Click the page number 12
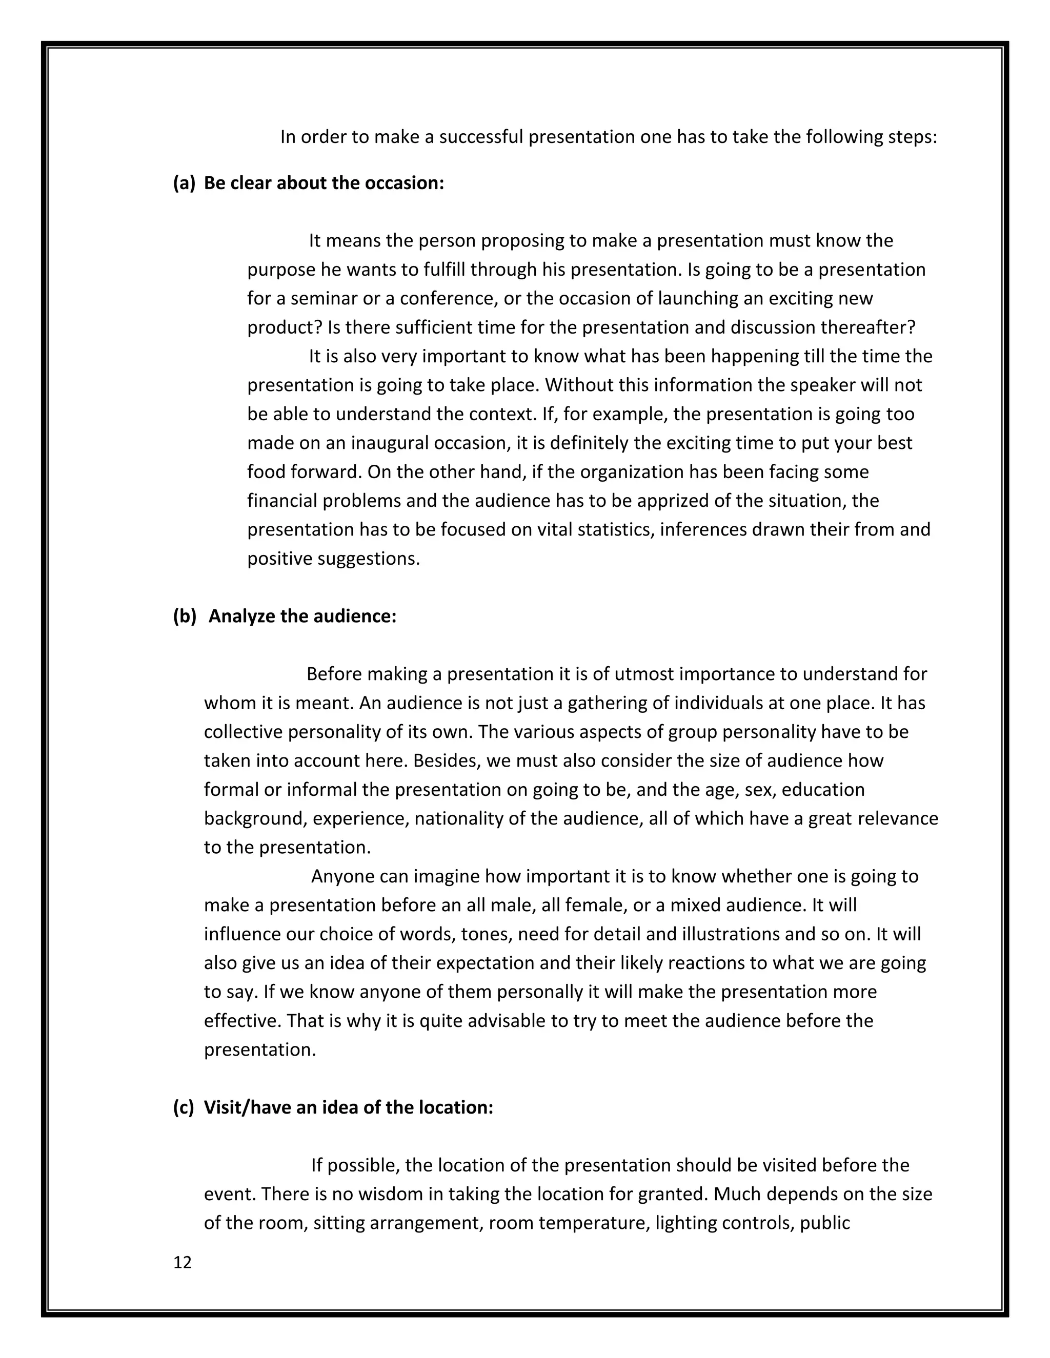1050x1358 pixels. [182, 1262]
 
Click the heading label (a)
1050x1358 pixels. [184, 183]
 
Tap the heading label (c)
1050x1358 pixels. [184, 1107]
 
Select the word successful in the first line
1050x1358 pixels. [481, 137]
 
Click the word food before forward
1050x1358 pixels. [266, 471]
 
